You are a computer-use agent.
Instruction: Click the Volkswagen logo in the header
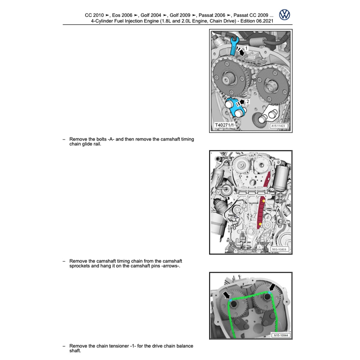284,15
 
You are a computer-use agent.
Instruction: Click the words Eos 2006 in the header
122,15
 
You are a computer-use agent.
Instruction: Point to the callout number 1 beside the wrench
246,48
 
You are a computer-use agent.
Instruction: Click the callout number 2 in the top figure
247,101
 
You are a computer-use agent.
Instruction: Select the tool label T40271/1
224,125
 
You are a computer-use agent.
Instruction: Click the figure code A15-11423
278,126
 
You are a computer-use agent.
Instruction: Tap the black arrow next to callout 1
240,51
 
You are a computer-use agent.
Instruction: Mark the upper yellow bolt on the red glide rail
264,201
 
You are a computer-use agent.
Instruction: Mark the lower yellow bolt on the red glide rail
260,224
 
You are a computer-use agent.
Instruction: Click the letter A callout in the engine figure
278,210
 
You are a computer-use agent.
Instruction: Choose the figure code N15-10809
279,249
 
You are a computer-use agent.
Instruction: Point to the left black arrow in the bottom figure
226,295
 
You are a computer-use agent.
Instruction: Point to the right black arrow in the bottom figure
272,287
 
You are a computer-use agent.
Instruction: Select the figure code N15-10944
281,335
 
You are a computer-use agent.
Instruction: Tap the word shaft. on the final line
75,351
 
